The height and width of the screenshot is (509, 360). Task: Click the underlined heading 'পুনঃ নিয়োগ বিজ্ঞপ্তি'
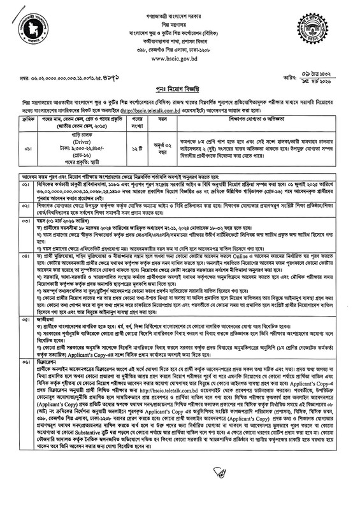(x=180, y=89)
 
